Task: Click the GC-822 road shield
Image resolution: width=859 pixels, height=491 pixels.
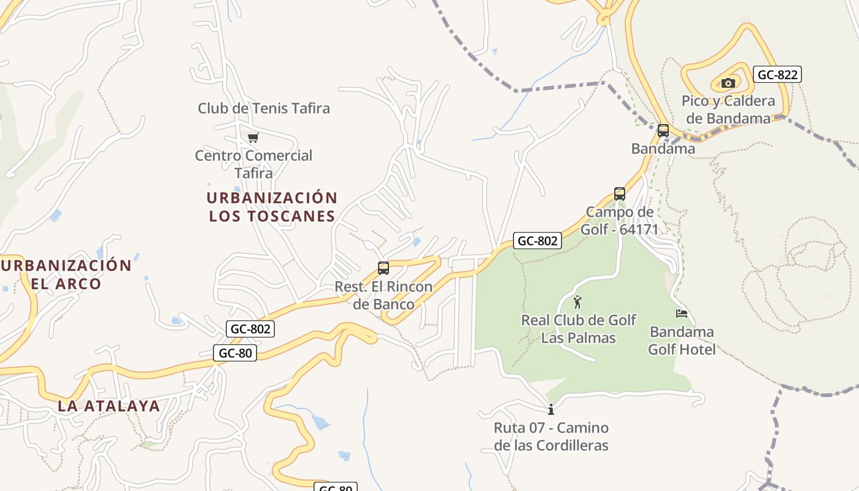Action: [777, 75]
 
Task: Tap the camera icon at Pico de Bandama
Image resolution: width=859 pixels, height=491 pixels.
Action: [728, 83]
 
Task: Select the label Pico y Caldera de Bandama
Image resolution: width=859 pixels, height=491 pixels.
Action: [728, 110]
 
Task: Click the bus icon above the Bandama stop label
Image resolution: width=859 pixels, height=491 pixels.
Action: [663, 130]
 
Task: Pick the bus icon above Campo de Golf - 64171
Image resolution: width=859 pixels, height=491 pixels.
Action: [620, 194]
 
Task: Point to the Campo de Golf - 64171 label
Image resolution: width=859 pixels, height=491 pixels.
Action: [620, 221]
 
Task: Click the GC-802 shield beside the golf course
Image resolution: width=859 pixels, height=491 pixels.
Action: [537, 241]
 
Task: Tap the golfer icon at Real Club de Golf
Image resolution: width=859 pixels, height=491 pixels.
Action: [577, 302]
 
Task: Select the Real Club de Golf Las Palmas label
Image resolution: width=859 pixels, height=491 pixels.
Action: [579, 329]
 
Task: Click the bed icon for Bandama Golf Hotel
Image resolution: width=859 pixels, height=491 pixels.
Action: [682, 314]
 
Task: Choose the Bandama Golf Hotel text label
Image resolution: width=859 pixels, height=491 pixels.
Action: [682, 341]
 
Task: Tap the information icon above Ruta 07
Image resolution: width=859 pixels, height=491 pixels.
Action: [551, 409]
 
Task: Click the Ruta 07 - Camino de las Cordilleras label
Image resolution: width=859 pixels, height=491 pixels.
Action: [551, 436]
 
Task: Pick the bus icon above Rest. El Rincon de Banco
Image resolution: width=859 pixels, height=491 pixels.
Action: [383, 268]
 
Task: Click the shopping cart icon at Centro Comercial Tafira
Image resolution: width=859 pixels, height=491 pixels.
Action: [253, 137]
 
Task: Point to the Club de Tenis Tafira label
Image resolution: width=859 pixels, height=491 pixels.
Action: [264, 109]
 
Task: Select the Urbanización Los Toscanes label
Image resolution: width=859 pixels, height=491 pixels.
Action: [272, 207]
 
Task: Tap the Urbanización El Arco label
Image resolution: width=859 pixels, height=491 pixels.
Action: [66, 274]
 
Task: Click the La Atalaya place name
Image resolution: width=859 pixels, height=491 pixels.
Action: [109, 406]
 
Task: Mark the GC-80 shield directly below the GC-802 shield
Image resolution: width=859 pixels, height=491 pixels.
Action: [235, 353]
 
